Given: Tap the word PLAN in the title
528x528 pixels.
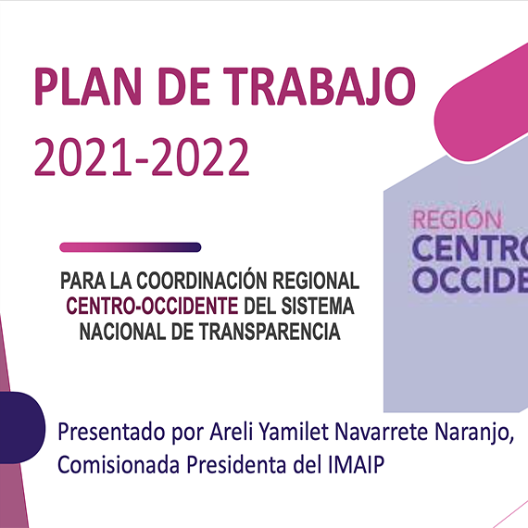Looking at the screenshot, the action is coord(88,86).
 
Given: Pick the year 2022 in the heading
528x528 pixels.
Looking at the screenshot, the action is coord(201,157).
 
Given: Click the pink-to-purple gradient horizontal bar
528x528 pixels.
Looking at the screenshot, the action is coord(131,247).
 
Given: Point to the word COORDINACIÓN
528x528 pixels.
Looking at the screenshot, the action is coord(201,280).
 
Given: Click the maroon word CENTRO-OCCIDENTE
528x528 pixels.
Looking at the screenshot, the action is coord(152,306).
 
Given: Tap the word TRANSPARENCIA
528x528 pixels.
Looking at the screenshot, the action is coord(270,332).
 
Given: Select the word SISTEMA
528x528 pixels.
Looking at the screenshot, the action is coord(318,306).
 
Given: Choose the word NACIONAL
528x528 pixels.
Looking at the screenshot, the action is coord(123,332).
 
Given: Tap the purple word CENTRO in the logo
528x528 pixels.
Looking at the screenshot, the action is coord(470,248).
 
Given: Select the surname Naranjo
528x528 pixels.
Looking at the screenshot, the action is coord(474,433).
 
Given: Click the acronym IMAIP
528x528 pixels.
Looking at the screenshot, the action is coord(356,465).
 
